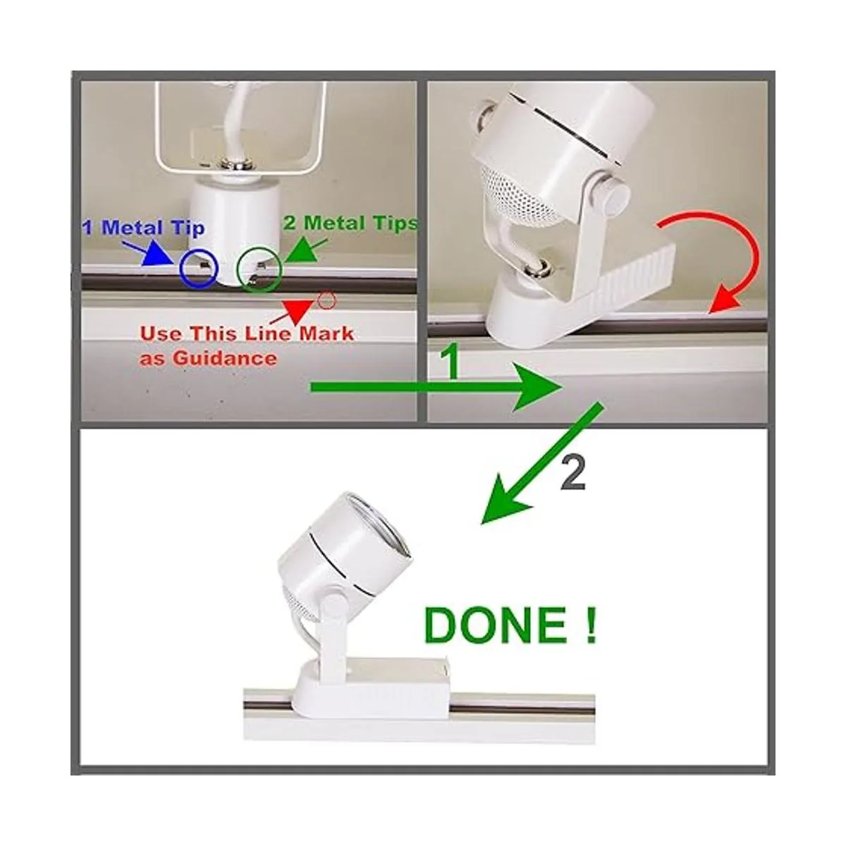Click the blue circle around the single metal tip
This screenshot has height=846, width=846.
(180, 269)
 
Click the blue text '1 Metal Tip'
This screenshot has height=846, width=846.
(144, 228)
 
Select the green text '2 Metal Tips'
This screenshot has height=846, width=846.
(350, 223)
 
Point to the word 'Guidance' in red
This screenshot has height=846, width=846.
(224, 359)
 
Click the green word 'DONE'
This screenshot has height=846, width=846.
(495, 625)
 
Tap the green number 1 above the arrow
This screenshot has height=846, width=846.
(450, 362)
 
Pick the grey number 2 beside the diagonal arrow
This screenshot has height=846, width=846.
(573, 474)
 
